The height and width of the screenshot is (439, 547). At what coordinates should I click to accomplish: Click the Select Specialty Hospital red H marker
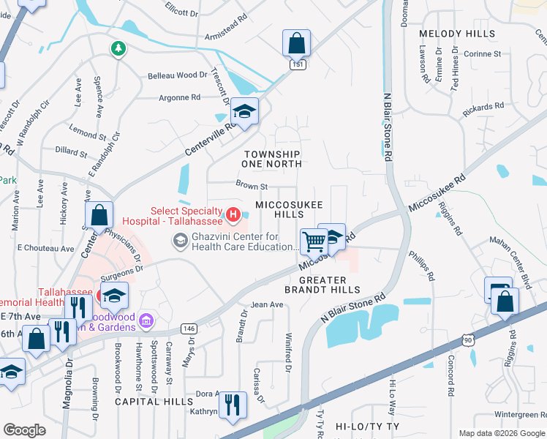tap(233, 214)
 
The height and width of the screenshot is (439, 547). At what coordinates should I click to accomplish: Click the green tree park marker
tap(117, 49)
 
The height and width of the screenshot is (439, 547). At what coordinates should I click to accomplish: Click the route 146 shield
tap(189, 329)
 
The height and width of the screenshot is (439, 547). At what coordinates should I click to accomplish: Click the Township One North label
tap(272, 160)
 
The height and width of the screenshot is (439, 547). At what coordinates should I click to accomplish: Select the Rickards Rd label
tap(483, 108)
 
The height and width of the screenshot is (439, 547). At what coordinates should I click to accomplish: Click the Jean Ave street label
tap(266, 304)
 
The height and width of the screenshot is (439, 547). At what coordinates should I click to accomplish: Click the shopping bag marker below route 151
tap(296, 43)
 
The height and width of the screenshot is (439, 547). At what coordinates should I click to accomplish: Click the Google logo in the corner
tap(25, 430)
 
